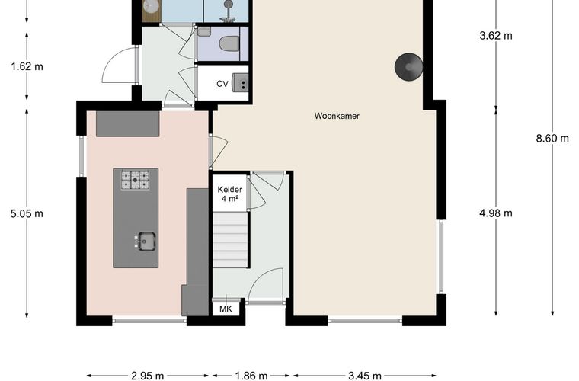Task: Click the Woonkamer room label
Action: pos(337,116)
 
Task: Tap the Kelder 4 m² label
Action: pos(229,194)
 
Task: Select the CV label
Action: pos(222,84)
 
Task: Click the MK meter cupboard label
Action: pos(226,309)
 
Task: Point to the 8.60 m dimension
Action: pos(552,139)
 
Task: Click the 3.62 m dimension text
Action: pos(496,36)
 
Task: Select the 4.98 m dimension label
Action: pos(496,213)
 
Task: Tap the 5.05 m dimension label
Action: pos(27,213)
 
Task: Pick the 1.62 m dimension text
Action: pos(27,67)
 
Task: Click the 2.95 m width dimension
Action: pos(147,376)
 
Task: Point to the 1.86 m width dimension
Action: pos(251,376)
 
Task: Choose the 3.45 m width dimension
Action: pos(365,376)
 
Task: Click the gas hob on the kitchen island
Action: pos(135,180)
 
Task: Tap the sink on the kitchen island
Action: pos(145,241)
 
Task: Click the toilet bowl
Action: pos(229,43)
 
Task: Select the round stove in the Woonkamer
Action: pos(409,67)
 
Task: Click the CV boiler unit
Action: pos(240,82)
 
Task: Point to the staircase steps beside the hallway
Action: pos(229,240)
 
